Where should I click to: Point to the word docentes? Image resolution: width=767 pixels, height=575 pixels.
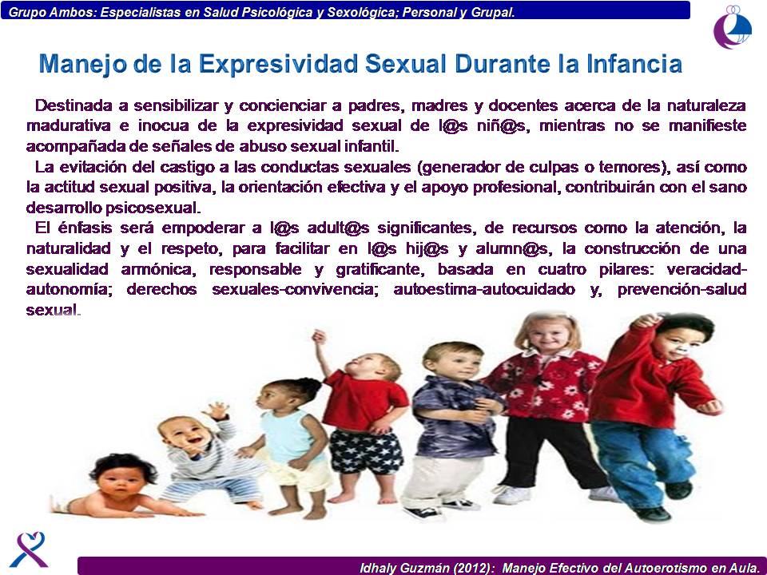point(523,105)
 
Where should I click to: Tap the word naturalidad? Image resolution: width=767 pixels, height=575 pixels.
point(69,248)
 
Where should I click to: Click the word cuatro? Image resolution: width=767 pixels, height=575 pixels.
point(562,269)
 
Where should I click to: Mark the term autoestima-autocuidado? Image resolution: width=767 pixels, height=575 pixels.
point(484,289)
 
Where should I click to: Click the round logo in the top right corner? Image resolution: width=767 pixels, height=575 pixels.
point(732,27)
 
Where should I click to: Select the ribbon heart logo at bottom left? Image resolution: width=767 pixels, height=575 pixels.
point(29,549)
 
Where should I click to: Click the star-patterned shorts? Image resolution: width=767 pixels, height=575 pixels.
point(367,451)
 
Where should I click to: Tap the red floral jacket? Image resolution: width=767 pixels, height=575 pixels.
point(544,387)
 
